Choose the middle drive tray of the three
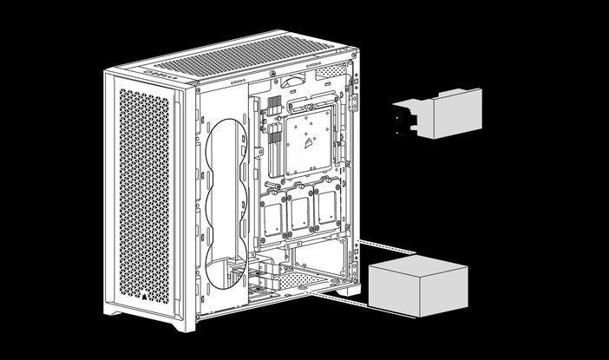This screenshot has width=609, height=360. [x=299, y=208]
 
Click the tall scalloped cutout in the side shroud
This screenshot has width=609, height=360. [x=227, y=204]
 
